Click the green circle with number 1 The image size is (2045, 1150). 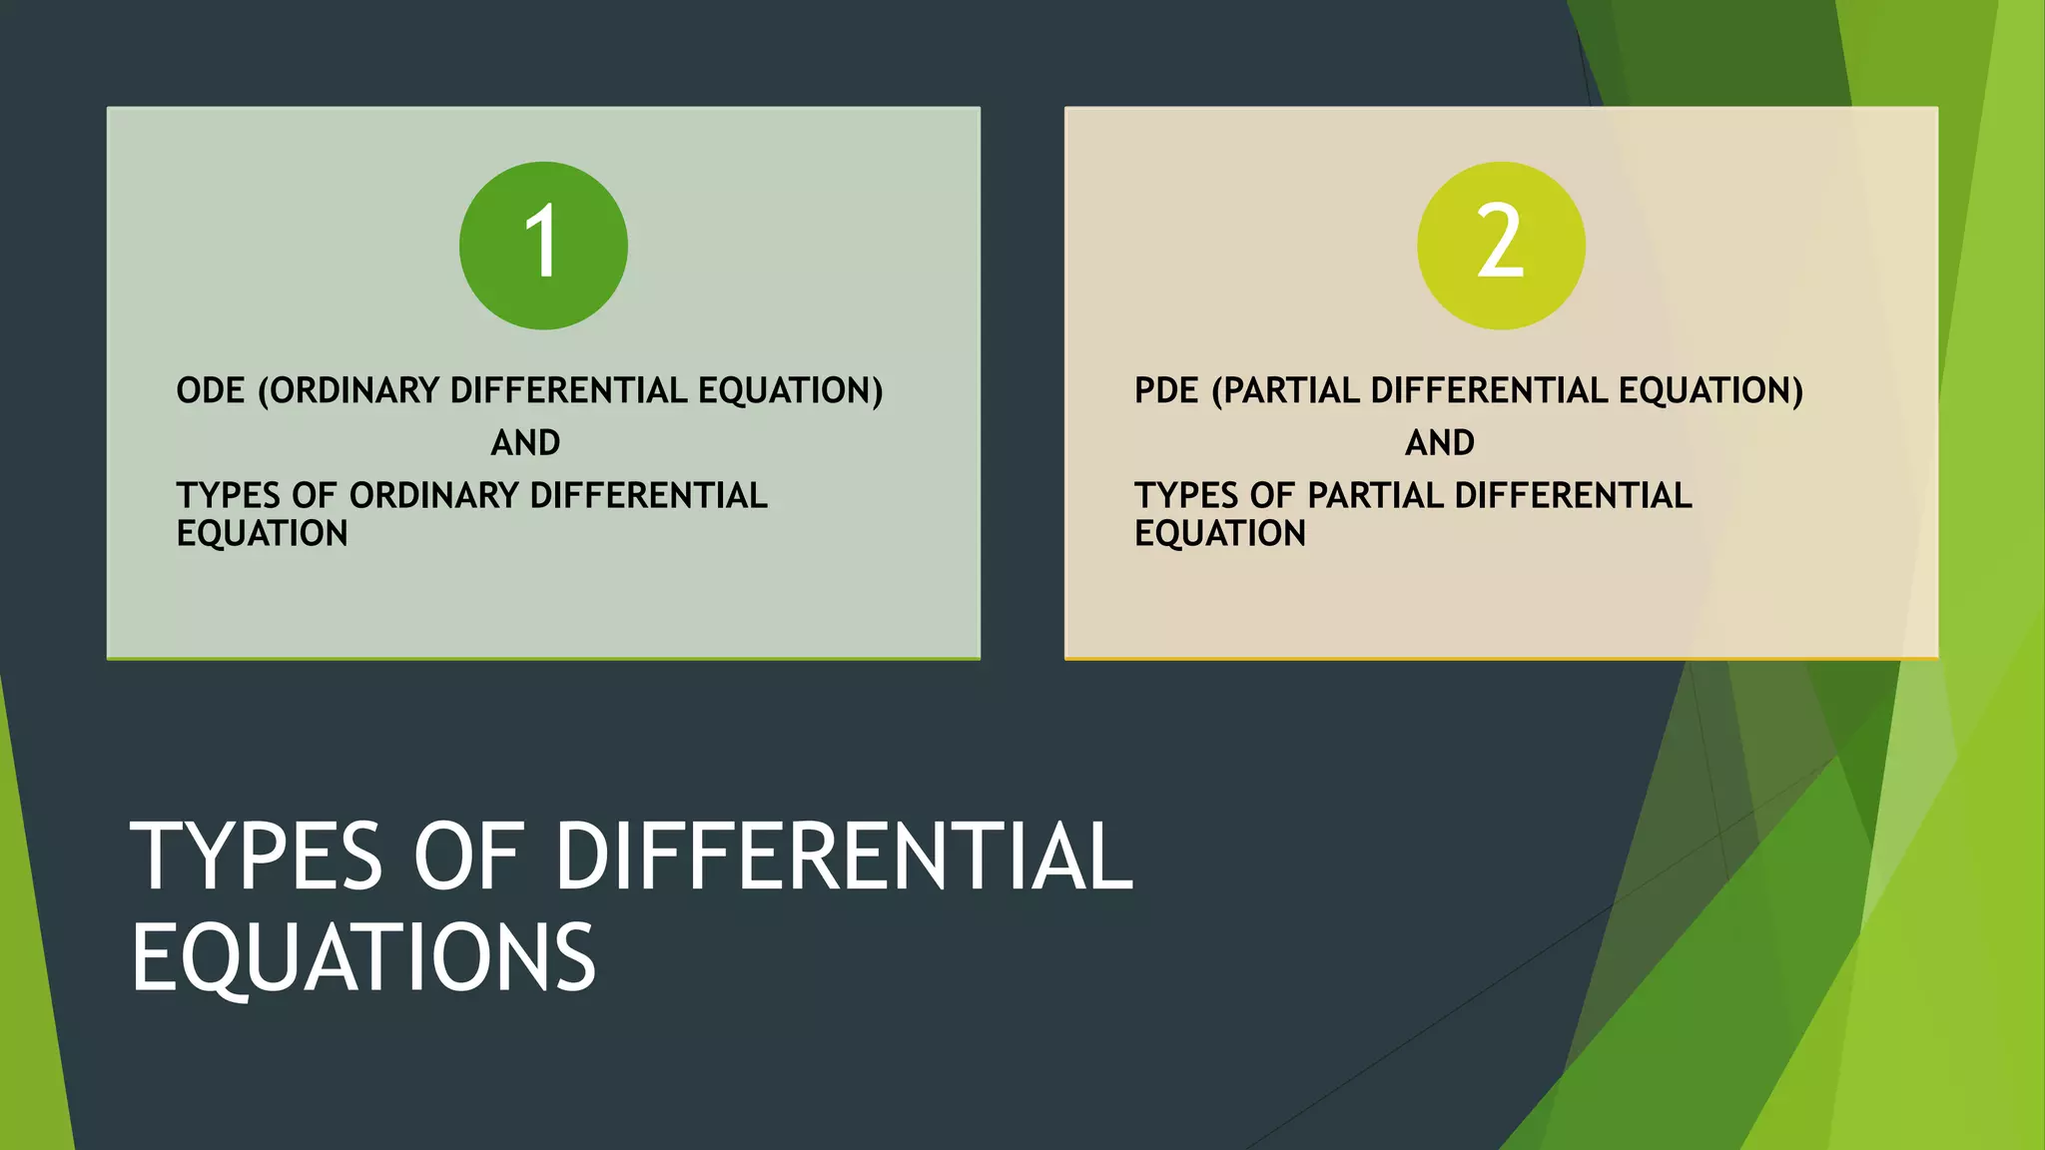click(x=543, y=246)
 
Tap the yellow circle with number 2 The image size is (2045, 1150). click(x=1501, y=246)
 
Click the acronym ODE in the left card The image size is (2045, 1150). click(x=210, y=390)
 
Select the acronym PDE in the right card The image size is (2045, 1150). click(x=1166, y=390)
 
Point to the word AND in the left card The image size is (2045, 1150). click(x=525, y=442)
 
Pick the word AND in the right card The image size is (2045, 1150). click(x=1439, y=442)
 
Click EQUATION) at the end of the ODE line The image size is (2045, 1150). click(x=791, y=390)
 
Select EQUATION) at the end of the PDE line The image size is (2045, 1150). click(x=1710, y=390)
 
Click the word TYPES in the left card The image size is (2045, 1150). click(x=228, y=495)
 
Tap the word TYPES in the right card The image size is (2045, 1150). click(x=1185, y=495)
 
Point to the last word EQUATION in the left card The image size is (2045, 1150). click(x=262, y=534)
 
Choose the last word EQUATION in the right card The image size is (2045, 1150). click(x=1219, y=534)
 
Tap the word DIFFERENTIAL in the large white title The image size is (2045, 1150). click(x=844, y=857)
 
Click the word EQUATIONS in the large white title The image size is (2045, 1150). click(x=363, y=957)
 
